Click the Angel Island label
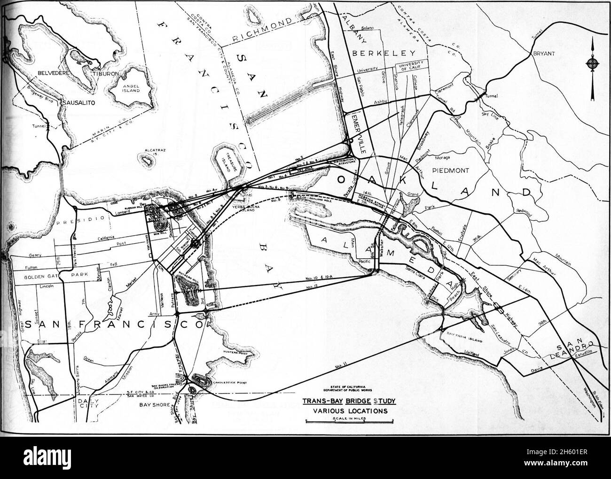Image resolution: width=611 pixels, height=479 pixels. coord(132,88)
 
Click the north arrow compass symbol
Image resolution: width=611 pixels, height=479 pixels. coord(594,64)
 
